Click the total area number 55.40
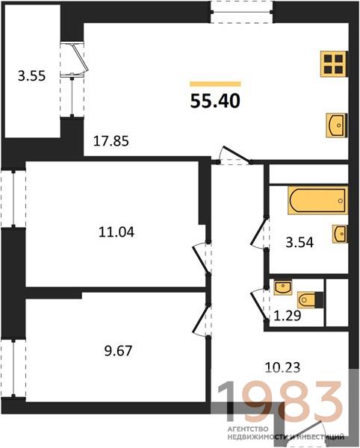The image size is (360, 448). click(215, 101)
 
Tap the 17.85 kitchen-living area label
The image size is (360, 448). click(111, 141)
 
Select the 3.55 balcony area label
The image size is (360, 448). click(31, 76)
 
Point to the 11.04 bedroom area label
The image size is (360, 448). click(117, 232)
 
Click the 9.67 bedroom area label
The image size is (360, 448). click(118, 351)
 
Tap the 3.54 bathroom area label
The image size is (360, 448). click(300, 243)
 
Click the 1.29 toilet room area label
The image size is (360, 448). click(287, 316)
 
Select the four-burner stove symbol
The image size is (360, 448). click(334, 63)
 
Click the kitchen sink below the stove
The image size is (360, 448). click(337, 125)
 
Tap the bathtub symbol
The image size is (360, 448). click(317, 200)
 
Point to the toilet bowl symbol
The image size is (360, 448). click(306, 300)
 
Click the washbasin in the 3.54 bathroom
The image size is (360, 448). click(340, 234)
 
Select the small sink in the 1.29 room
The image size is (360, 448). click(283, 287)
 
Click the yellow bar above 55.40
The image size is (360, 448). click(215, 84)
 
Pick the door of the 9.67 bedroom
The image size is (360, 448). click(202, 320)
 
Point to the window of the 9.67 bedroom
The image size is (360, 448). click(13, 369)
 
